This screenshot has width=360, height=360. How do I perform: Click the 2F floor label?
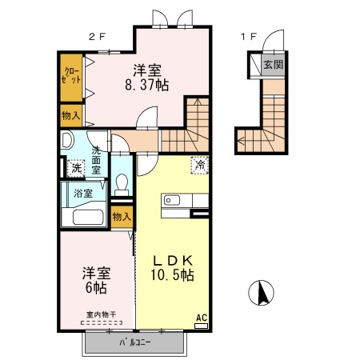click(97, 35)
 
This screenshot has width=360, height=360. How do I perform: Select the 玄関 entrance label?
click(274, 64)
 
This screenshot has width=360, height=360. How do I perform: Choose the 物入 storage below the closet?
click(70, 116)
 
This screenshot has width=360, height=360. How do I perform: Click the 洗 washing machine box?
click(75, 168)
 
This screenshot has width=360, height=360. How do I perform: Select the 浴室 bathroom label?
click(82, 193)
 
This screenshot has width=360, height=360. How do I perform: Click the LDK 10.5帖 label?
click(173, 266)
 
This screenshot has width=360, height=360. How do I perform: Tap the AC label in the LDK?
click(202, 318)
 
